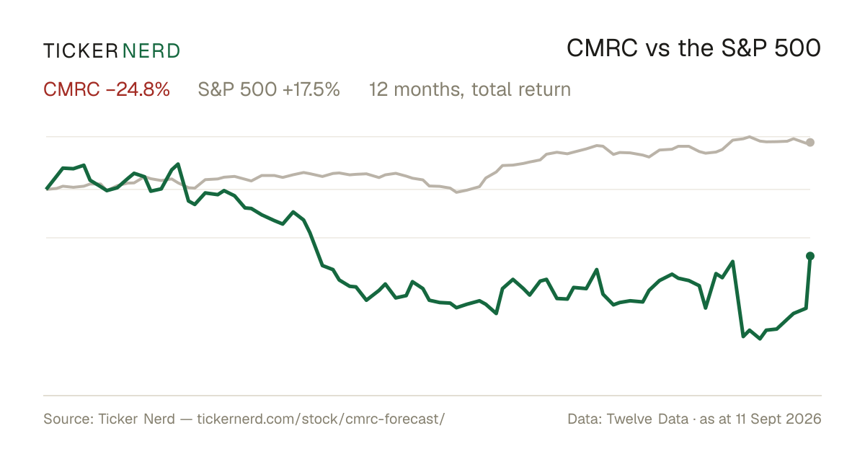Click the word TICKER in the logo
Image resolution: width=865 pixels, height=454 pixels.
(x=80, y=51)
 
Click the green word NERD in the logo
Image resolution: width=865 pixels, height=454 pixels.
(x=151, y=51)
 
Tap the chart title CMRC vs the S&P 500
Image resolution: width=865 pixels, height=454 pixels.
(x=693, y=48)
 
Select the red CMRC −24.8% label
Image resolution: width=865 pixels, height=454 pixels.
(x=107, y=89)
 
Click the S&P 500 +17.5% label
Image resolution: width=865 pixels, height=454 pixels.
(x=269, y=89)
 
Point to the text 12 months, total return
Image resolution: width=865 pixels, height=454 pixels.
(x=470, y=90)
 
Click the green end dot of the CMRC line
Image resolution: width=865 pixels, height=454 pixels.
(x=810, y=256)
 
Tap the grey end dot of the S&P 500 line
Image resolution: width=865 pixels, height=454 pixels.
(x=810, y=143)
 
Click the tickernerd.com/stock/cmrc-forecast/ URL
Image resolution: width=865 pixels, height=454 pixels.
(x=321, y=419)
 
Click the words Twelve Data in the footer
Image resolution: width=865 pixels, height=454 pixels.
(x=647, y=419)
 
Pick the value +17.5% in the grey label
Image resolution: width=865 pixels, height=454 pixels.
(x=311, y=89)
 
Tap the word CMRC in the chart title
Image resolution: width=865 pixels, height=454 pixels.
(x=602, y=48)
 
